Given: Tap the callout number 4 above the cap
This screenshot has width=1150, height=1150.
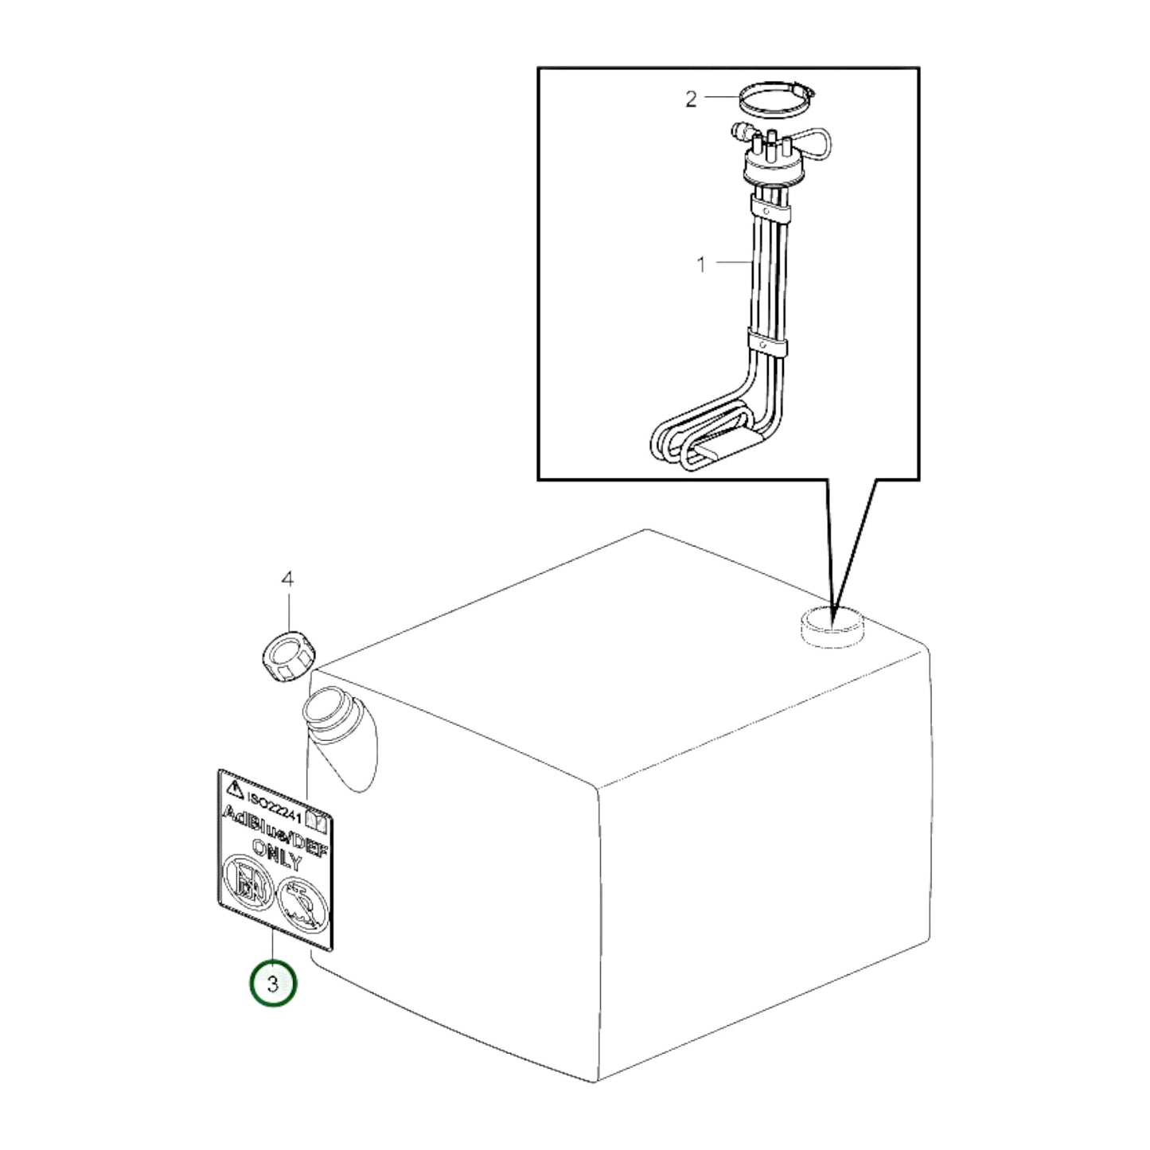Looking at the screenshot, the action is [287, 579].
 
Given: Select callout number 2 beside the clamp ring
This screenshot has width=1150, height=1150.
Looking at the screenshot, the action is [691, 99].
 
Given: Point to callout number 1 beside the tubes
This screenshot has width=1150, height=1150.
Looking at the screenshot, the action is [702, 264].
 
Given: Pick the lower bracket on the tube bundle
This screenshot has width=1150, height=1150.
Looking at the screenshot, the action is [767, 345].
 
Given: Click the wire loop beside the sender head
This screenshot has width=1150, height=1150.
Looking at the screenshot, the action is [809, 144].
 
